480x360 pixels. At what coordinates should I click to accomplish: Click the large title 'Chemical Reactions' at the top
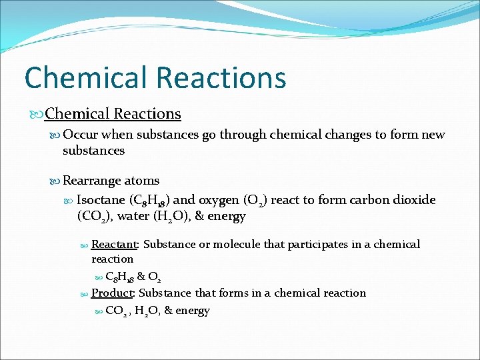tap(155, 77)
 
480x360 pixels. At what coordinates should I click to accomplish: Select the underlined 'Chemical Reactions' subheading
tap(113, 114)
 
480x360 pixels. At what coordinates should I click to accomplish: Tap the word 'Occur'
tap(79, 135)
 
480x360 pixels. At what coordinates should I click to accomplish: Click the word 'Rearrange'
tap(92, 181)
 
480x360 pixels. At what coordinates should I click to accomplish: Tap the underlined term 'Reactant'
tap(114, 244)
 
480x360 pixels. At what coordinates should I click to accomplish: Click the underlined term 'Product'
tap(112, 293)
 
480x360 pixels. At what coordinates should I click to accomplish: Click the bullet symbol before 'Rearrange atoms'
tap(55, 181)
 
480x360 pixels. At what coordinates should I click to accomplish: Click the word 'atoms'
tap(141, 181)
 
